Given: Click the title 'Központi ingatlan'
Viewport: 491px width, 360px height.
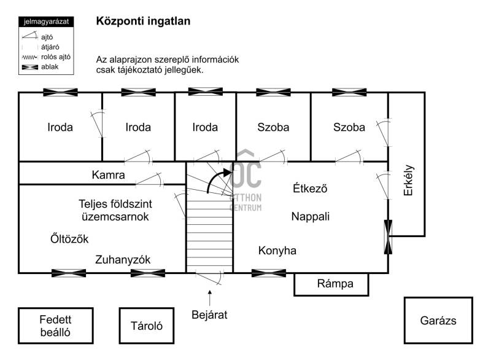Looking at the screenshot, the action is coord(143,22).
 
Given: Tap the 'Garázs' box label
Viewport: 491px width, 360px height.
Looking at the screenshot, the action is coord(438,321).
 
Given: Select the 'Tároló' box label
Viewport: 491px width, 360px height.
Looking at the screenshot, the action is coord(147,326).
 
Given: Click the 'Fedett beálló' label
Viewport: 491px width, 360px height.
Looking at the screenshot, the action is coord(55,326).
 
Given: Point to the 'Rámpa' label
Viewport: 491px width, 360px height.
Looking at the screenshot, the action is coord(335,284).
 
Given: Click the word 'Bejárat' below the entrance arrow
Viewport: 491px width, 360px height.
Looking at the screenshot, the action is coord(209,315).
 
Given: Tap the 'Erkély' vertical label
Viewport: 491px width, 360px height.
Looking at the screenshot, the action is coord(408,180).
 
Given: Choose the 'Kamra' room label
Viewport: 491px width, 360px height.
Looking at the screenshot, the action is coord(109,175).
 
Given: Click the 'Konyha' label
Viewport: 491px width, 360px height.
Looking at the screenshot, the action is coord(277,251).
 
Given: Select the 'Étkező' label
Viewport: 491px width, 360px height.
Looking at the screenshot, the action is coord(310,188).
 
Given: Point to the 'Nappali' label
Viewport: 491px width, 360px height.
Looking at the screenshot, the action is coord(311,216).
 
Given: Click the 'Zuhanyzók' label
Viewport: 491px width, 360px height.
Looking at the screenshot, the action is coord(123,260).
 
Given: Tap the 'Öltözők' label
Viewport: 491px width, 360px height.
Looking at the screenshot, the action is coord(69,239).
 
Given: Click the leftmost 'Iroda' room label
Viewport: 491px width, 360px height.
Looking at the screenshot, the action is coord(60,127).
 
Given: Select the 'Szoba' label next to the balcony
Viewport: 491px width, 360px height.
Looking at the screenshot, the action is coord(349,127).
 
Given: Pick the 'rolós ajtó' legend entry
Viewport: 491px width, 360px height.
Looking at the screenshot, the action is coord(47,57).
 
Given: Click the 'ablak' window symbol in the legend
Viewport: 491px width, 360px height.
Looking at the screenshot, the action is coord(30,67).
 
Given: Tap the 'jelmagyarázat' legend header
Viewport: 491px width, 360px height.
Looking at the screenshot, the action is coord(46,22).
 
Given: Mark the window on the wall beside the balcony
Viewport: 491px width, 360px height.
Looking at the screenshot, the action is coord(388,237).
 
